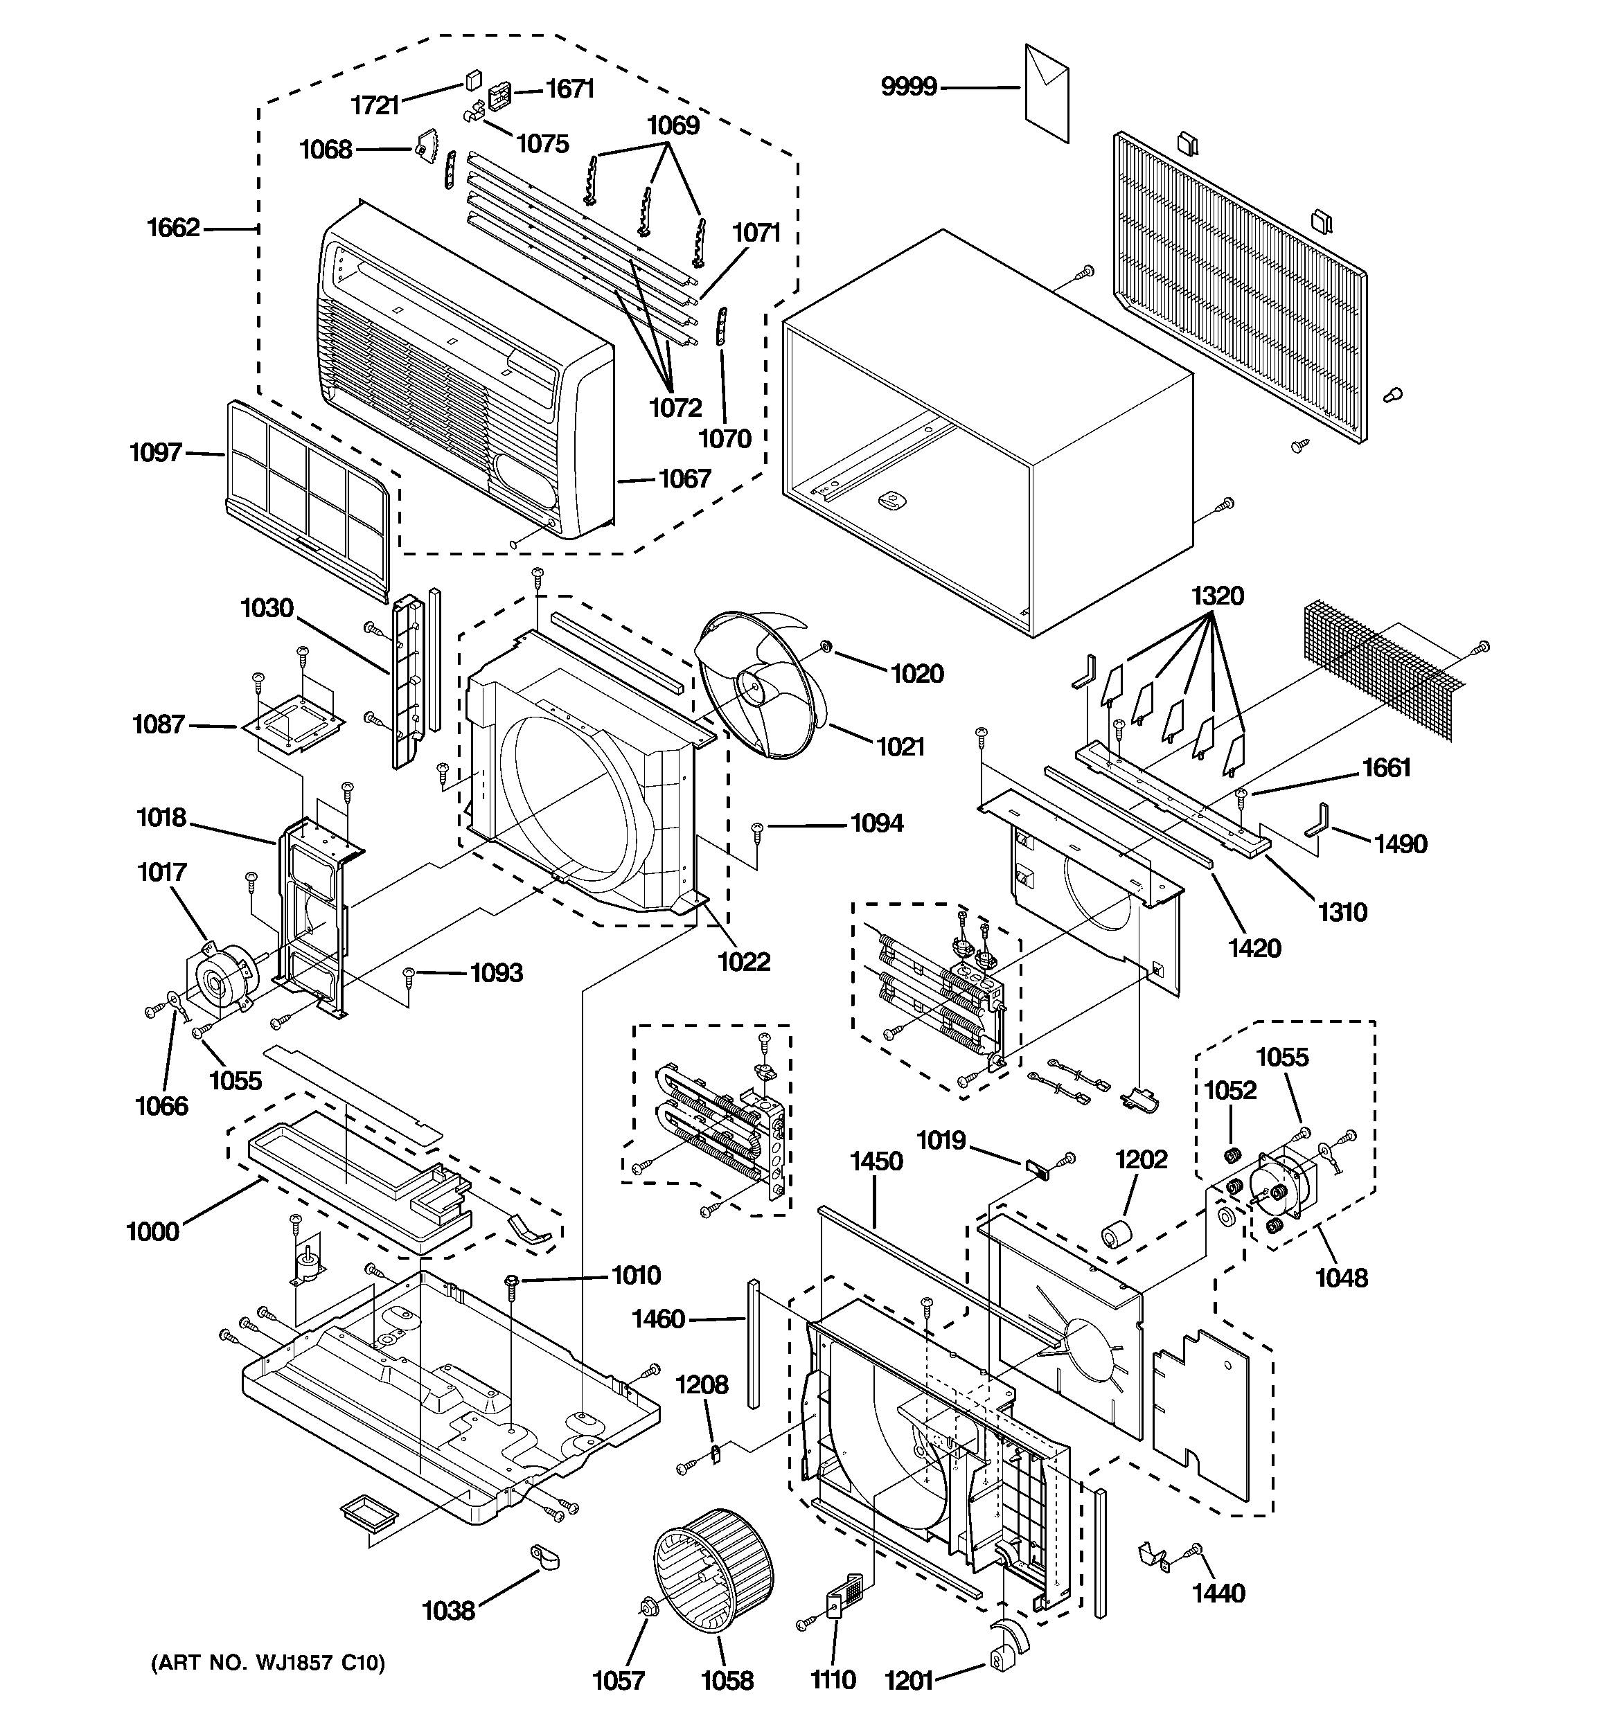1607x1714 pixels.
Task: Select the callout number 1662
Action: point(172,228)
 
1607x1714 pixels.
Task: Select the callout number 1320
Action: point(1217,596)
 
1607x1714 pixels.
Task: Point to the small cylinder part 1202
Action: point(1115,1235)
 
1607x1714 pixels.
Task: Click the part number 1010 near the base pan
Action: point(636,1274)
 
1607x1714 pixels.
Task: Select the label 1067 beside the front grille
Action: point(685,479)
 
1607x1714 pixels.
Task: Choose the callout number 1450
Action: point(876,1161)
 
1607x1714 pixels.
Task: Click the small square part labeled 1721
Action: point(472,81)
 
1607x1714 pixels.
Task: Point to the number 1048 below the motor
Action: point(1341,1278)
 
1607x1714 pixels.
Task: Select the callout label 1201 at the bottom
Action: point(909,1679)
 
